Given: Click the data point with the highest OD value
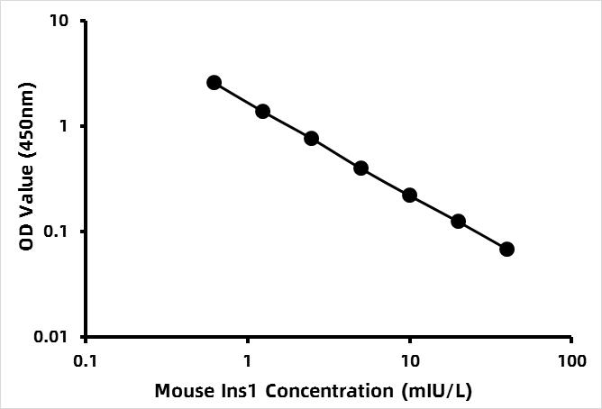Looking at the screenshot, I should coord(214,82).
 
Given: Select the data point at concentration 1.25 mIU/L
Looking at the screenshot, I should coord(262,111).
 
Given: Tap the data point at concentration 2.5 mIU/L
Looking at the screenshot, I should coord(312,138).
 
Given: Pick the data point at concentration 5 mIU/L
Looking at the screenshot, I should coord(360,168).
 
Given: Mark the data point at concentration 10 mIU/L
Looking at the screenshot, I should coord(409,195).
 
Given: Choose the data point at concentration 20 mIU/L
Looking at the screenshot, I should coord(458,221).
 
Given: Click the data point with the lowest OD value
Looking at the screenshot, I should coord(506,249).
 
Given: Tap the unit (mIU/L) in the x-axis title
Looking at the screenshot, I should coord(440,391).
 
